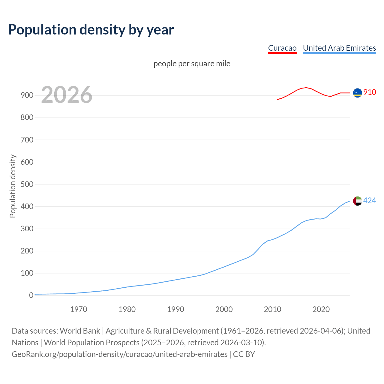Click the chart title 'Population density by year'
click(91, 29)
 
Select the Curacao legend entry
click(282, 48)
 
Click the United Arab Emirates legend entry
click(339, 48)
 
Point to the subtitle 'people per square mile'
click(192, 64)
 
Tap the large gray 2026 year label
click(67, 95)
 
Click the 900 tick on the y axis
click(27, 95)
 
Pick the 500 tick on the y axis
click(27, 184)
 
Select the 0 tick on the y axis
click(31, 295)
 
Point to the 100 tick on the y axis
click(27, 273)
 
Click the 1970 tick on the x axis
click(79, 309)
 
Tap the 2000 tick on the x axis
click(224, 309)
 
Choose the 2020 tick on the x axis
click(321, 309)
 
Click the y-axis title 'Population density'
click(13, 186)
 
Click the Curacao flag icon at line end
click(357, 93)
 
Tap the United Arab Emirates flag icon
click(357, 201)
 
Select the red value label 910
click(370, 92)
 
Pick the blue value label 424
click(370, 200)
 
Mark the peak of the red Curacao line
click(306, 88)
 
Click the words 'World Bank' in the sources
click(80, 331)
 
